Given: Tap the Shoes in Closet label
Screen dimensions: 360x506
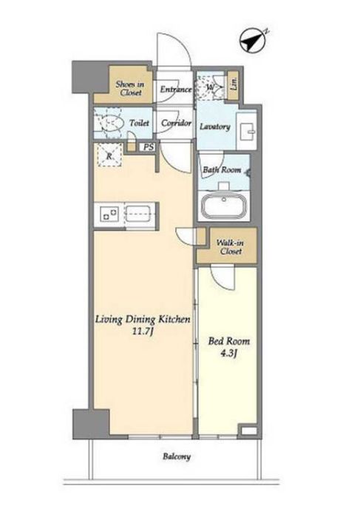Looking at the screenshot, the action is click(x=129, y=89).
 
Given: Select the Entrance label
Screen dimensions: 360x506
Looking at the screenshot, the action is click(x=176, y=90).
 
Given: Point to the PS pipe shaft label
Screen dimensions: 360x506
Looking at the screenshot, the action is click(x=149, y=147).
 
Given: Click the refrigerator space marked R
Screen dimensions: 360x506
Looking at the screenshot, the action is click(x=109, y=155).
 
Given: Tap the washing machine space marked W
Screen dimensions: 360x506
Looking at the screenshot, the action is click(x=211, y=87).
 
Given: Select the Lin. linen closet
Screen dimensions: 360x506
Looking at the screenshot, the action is click(x=234, y=84).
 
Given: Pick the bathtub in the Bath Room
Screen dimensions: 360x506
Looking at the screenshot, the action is click(x=224, y=206).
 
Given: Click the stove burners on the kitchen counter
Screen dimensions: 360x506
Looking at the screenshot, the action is click(x=109, y=215).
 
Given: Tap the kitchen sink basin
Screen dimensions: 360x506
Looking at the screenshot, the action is click(x=138, y=214).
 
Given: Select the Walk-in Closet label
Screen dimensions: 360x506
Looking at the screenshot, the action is click(x=231, y=247).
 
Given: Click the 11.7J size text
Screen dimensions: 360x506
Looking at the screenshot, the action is click(x=142, y=331).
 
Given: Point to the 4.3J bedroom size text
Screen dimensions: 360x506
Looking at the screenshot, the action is click(x=229, y=354).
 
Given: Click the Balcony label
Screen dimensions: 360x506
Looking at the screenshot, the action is click(x=177, y=456).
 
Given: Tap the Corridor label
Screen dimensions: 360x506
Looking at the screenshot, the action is click(x=176, y=123).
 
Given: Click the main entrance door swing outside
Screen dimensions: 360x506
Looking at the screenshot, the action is click(x=174, y=50).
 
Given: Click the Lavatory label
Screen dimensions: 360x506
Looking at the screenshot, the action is click(x=215, y=127).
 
